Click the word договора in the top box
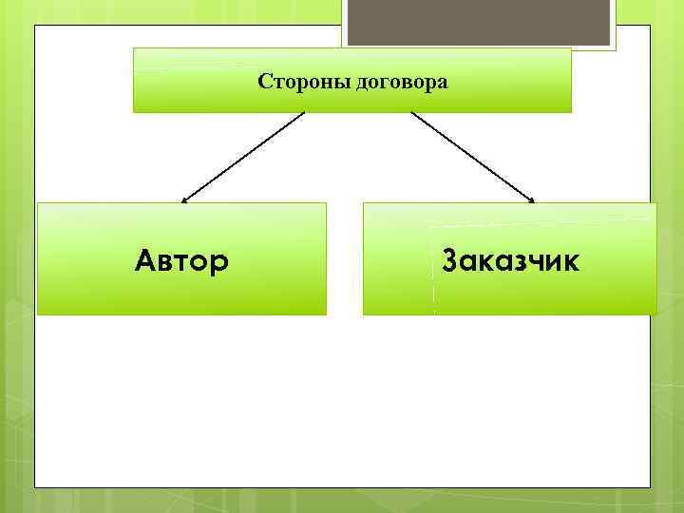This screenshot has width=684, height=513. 402,83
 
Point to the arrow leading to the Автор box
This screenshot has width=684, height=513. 243,157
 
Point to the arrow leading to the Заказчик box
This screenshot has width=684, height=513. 472,157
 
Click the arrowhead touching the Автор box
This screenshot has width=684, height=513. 184,200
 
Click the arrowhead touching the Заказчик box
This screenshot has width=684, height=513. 532,200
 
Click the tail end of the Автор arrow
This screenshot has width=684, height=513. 303,113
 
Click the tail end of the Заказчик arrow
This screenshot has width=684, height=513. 411,113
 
